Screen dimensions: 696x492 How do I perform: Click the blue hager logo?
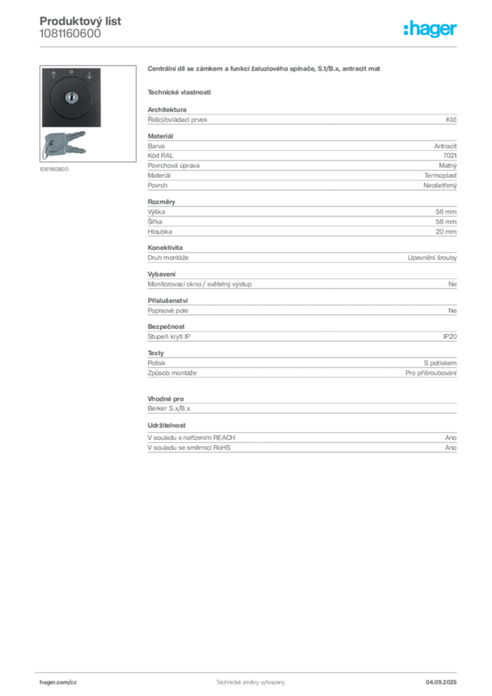pyautogui.click(x=431, y=29)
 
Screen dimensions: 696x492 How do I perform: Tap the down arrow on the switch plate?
pyautogui.click(x=88, y=74)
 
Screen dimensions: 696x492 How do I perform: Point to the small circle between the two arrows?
pyautogui.click(x=71, y=71)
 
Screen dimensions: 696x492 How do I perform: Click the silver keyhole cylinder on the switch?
pyautogui.click(x=71, y=99)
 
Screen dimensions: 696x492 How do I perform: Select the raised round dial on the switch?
pyautogui.click(x=71, y=99)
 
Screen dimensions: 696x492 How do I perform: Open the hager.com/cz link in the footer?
pyautogui.click(x=56, y=680)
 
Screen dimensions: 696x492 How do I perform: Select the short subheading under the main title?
pyautogui.click(x=179, y=91)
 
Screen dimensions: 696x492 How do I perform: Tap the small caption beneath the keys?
pyautogui.click(x=54, y=169)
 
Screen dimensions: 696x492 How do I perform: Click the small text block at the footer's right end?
pyautogui.click(x=446, y=678)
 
